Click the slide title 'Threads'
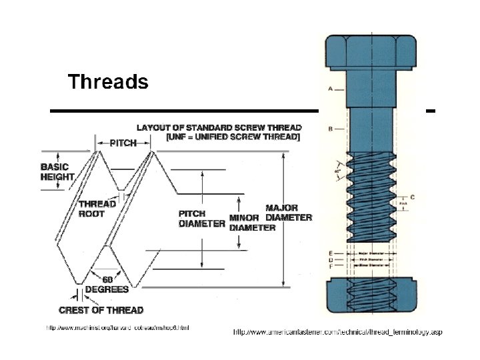[x=107, y=82]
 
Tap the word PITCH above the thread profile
[x=123, y=143]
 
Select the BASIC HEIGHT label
[x=57, y=172]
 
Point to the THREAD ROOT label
[x=97, y=209]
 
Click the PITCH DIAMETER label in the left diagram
[x=201, y=219]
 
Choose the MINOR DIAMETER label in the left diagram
[x=251, y=223]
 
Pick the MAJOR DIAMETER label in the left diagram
[x=288, y=213]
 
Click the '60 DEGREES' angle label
[x=107, y=285]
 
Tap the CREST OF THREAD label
[x=101, y=310]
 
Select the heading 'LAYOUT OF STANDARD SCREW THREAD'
[x=219, y=127]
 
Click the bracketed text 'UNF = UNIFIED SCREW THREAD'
[x=233, y=137]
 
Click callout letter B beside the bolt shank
[x=330, y=129]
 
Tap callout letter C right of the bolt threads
[x=413, y=197]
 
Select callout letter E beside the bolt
[x=330, y=253]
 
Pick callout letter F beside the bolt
[x=330, y=266]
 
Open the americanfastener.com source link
[x=337, y=332]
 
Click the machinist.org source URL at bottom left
[x=117, y=327]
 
